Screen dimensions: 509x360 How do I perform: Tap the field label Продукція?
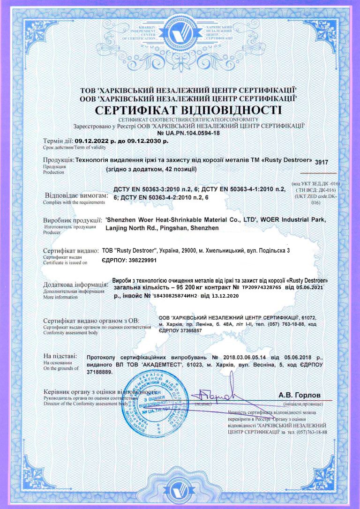pyautogui.click(x=58, y=160)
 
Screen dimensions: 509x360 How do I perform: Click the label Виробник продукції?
pyautogui.click(x=73, y=220)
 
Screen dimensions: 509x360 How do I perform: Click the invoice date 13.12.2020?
pyautogui.click(x=225, y=296)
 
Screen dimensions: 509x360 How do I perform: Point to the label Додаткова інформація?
pyautogui.click(x=75, y=285)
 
